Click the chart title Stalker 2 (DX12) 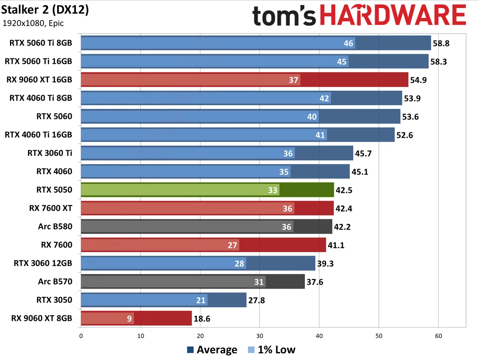tap(45, 10)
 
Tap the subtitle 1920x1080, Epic tap(33, 23)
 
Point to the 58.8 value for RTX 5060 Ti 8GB tap(441, 43)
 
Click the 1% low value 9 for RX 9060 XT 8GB tap(129, 319)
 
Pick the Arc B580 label tap(55, 227)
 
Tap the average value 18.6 tap(202, 319)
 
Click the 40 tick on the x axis tap(319, 336)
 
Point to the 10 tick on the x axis tap(141, 336)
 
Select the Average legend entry tap(212, 350)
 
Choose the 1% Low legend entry tap(271, 350)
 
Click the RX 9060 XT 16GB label tap(39, 80)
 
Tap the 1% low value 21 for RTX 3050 tap(202, 300)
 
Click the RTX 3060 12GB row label tap(43, 263)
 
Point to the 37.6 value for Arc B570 tap(315, 282)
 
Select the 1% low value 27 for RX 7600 tap(233, 245)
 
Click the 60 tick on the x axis tap(438, 336)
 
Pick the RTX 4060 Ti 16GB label tap(38, 135)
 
